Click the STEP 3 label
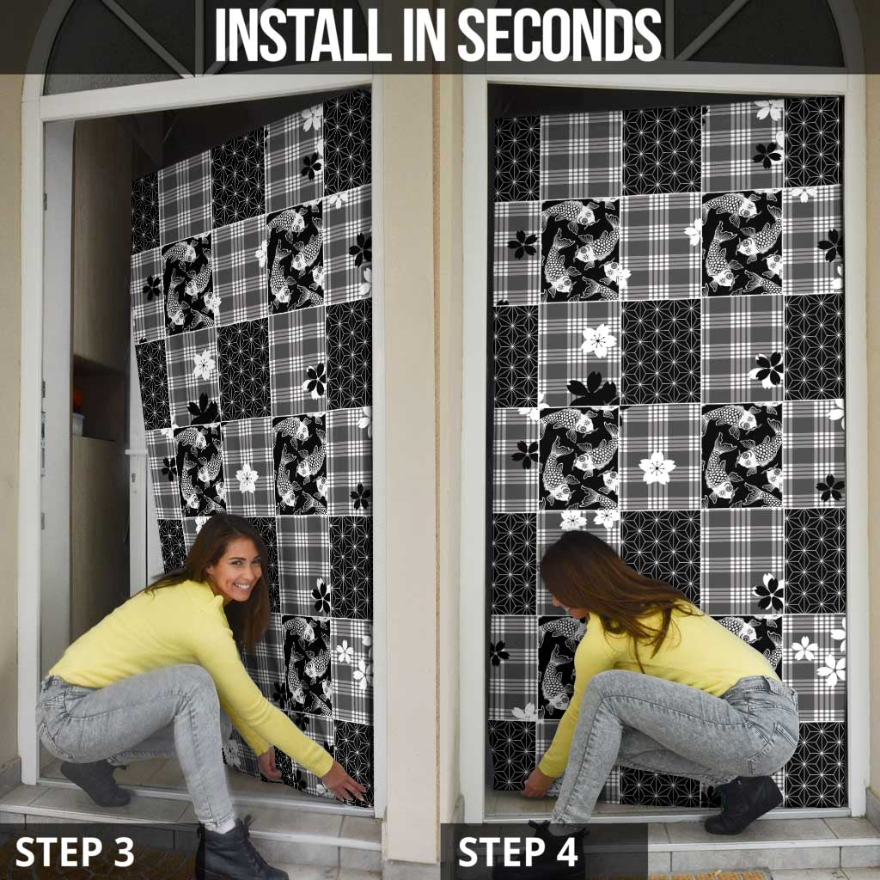75,852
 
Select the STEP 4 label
518,852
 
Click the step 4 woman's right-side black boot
743,804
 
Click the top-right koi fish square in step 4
741,241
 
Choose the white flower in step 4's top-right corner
769,110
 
